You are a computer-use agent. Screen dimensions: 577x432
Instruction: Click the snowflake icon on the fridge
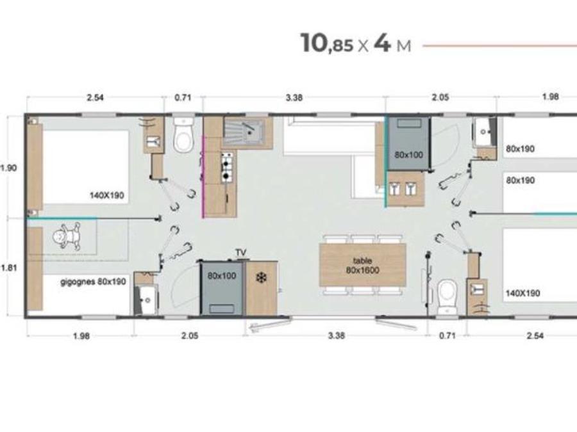click(x=262, y=278)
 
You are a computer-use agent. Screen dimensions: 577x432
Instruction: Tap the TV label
click(x=240, y=253)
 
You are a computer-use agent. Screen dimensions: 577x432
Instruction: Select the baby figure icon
click(x=66, y=236)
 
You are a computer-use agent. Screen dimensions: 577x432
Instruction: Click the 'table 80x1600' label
click(x=362, y=266)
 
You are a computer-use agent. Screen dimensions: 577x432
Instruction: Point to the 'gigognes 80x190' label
click(x=93, y=282)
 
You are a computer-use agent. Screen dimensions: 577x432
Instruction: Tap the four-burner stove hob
click(x=227, y=168)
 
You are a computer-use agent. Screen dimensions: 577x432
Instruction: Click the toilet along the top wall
click(x=183, y=135)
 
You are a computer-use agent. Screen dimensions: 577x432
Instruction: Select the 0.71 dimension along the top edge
click(x=183, y=97)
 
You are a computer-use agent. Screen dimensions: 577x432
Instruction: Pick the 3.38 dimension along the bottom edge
click(x=337, y=335)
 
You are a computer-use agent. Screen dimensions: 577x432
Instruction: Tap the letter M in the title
click(x=404, y=46)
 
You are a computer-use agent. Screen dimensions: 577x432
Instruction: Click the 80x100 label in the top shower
click(x=408, y=155)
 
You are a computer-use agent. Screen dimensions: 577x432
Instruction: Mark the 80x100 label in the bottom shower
click(x=222, y=275)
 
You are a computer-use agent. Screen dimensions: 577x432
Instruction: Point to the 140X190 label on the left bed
click(x=106, y=195)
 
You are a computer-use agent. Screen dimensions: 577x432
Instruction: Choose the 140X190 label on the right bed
click(x=523, y=293)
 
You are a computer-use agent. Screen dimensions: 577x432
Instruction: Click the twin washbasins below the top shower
click(x=405, y=189)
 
